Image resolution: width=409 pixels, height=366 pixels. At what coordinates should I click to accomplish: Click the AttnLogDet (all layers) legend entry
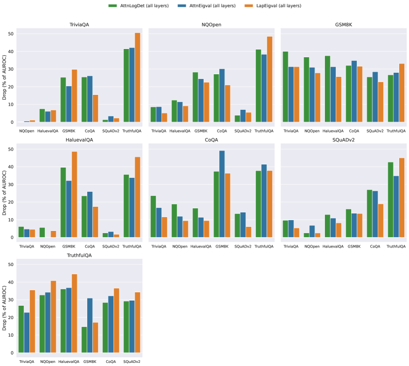[x=144, y=5]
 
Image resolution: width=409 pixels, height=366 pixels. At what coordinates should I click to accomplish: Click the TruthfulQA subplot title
[x=79, y=255]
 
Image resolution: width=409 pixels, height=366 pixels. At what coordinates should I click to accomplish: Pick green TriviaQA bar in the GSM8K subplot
[x=285, y=88]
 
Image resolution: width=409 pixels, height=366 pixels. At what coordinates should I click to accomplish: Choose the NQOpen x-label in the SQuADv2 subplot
[x=311, y=246]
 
